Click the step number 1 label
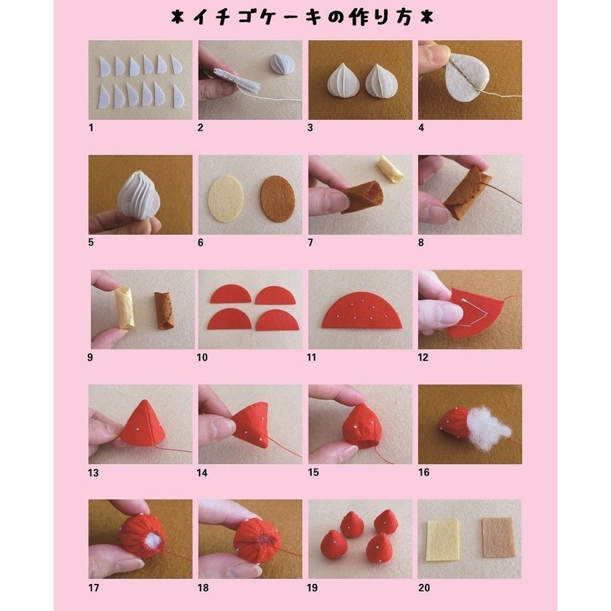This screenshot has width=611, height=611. pos(91,128)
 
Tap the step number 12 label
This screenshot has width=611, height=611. pos(423,357)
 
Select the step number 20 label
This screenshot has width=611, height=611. pos(424,587)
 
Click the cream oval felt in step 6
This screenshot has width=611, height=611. pos(226,199)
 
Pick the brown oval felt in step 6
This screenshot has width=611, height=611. pos(278,199)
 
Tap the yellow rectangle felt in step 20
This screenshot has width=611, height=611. pos(442,540)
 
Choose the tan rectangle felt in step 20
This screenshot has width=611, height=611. pos(498,538)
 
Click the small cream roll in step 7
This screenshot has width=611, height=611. pos(391,169)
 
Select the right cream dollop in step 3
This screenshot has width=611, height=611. pos(381,80)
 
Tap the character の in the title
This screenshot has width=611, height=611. pos(335,18)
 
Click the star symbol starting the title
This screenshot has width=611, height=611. pos(177,18)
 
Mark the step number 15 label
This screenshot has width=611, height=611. pos(313,473)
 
